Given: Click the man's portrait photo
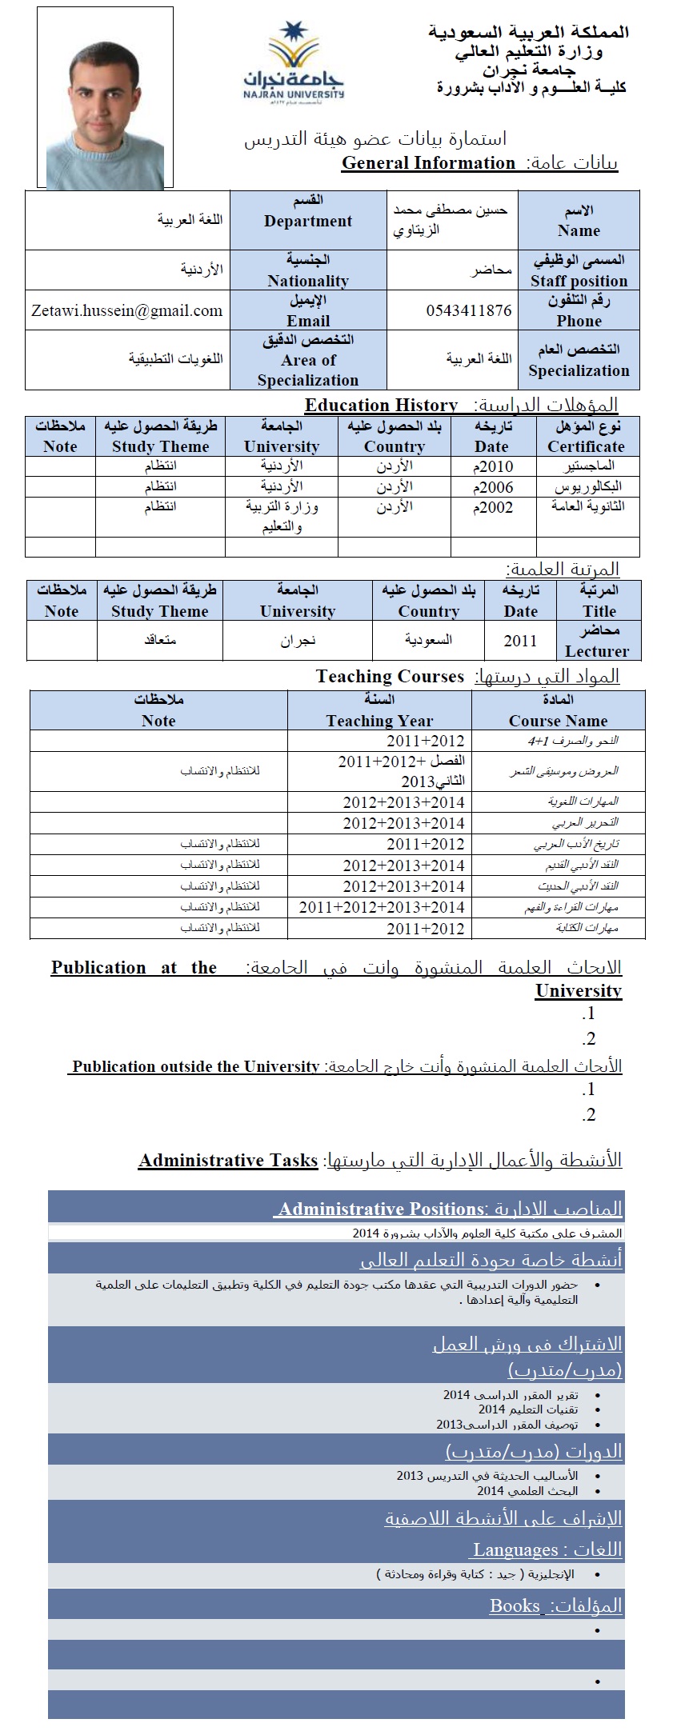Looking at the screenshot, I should click(105, 98).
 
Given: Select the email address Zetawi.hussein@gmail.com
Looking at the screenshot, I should click(127, 310).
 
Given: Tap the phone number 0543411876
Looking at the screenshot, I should click(468, 310).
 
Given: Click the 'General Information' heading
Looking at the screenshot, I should click(428, 163).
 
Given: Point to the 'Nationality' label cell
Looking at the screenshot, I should click(308, 270).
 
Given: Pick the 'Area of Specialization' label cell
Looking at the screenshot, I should click(308, 360).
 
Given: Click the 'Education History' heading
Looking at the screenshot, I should click(381, 405).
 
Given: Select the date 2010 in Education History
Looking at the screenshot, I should click(493, 466).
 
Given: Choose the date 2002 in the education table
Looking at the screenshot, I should click(493, 507).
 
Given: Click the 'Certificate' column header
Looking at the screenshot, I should click(586, 437).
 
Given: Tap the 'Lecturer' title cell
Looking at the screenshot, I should click(597, 641).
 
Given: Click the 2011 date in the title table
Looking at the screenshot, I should click(520, 641).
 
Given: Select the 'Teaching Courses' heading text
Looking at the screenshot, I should click(390, 677).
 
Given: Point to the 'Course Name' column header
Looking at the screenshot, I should click(558, 710).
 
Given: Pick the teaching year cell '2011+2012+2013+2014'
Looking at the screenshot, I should click(382, 907).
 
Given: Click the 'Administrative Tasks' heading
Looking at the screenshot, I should click(228, 1161).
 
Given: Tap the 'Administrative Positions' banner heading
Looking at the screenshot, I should click(381, 1209).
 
